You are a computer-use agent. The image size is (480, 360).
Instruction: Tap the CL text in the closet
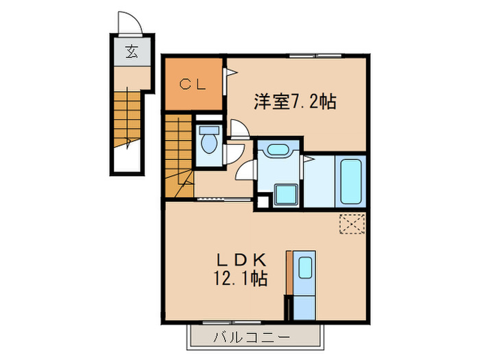pos(193,84)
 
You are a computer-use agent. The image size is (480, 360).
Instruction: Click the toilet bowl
pos(208,143)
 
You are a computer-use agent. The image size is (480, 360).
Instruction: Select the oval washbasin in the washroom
pos(278,150)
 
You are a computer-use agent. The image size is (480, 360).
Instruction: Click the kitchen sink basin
pos(305,267)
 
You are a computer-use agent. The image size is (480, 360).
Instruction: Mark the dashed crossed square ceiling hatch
pos(353,224)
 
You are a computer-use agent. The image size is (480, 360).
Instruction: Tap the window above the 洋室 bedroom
pos(315,55)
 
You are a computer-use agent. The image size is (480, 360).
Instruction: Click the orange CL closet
pos(193,84)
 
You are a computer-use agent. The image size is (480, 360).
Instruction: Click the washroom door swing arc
pos(245,171)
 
